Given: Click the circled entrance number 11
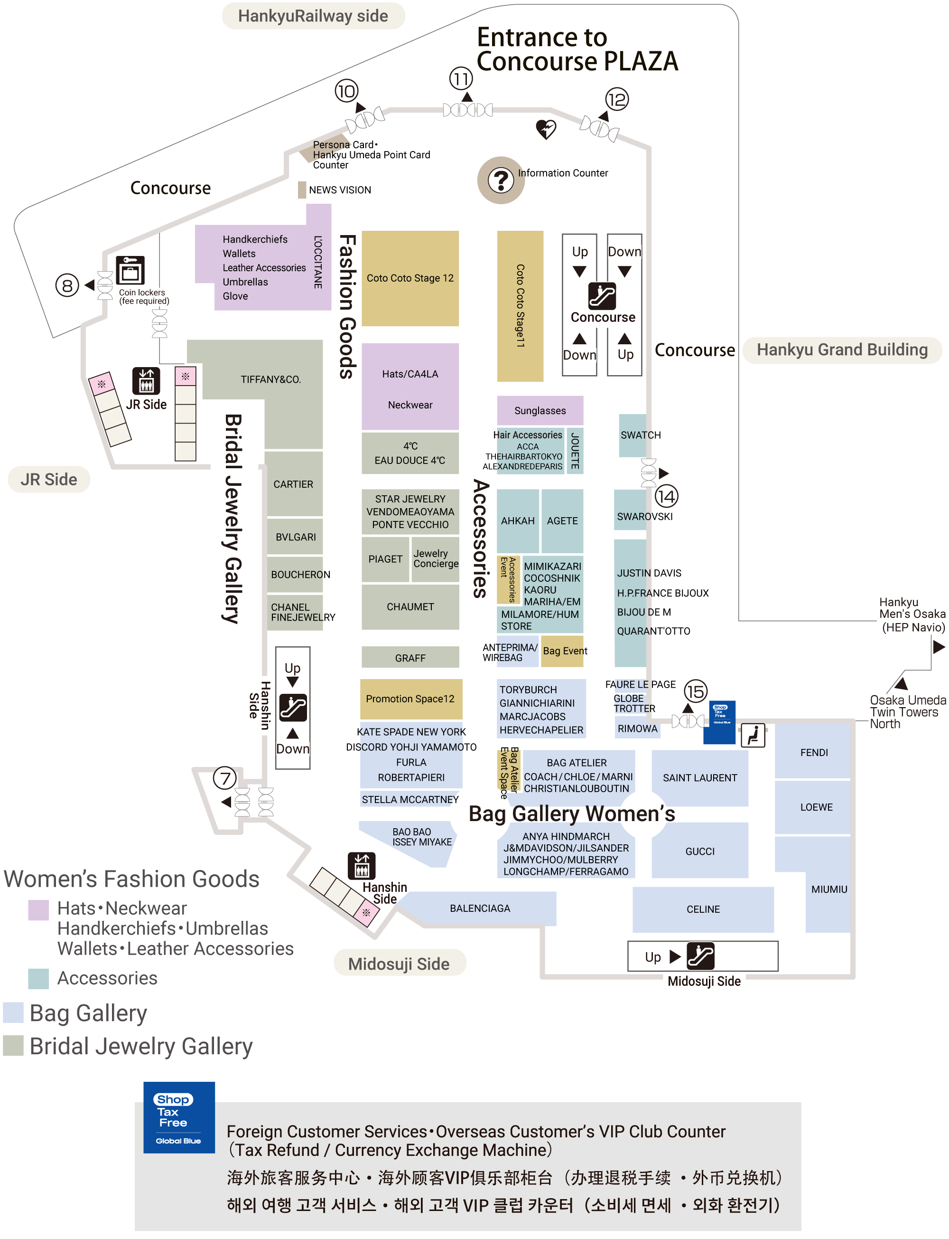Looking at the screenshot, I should (461, 78).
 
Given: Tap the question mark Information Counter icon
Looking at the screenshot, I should (501, 180).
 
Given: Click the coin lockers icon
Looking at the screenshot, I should (130, 270).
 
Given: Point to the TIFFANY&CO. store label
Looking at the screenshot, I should (270, 379).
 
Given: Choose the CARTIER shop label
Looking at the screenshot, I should (293, 484).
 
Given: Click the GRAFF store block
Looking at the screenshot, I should (410, 658).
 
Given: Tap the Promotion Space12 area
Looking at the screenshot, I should (410, 699).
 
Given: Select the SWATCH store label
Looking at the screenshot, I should (640, 435).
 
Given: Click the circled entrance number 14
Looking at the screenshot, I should (667, 497).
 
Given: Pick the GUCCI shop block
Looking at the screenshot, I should (700, 851).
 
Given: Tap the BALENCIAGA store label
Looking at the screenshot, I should (480, 908).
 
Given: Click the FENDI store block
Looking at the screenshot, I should (813, 752).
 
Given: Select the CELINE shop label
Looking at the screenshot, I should (703, 909).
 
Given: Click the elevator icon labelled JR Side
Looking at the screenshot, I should (146, 380).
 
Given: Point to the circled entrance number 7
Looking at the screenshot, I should (225, 778).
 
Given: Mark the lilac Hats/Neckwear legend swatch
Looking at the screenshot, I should (38, 910).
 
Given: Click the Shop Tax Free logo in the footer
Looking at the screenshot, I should (178, 1117).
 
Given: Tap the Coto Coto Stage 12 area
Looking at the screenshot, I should (410, 278).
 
